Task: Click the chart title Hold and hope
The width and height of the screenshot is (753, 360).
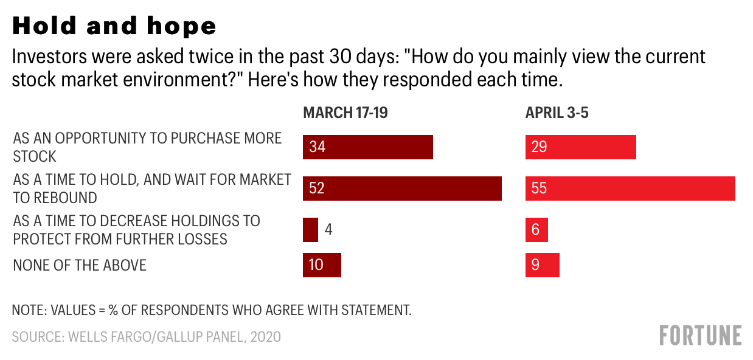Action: (x=114, y=26)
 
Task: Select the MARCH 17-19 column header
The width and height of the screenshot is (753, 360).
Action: (x=345, y=112)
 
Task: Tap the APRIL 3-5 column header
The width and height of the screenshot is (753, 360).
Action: (x=557, y=112)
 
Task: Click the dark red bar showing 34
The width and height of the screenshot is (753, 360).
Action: (x=368, y=147)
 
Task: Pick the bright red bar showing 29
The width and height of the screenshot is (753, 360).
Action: (x=580, y=147)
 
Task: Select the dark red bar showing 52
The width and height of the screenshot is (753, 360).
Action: (x=402, y=189)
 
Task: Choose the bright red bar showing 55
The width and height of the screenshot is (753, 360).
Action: (x=630, y=189)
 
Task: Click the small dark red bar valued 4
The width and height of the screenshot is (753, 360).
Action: (x=310, y=230)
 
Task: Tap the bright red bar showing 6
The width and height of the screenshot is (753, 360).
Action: (x=536, y=230)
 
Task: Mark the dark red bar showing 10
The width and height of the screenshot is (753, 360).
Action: (x=322, y=265)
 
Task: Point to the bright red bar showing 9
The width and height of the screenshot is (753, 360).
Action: (x=542, y=265)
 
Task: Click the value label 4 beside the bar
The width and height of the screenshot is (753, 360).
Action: (x=328, y=230)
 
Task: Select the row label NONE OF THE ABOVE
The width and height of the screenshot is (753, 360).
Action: (x=80, y=265)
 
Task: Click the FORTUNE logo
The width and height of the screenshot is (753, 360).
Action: (x=700, y=335)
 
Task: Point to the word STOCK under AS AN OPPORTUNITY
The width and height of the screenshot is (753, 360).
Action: (x=35, y=156)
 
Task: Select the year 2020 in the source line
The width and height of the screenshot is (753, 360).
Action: (x=265, y=337)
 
